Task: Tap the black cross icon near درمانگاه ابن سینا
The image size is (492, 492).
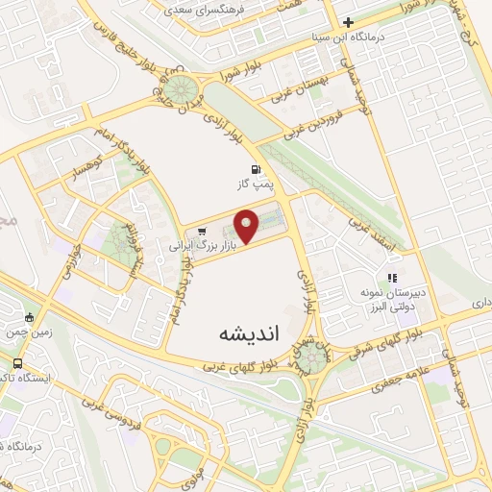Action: coord(348,22)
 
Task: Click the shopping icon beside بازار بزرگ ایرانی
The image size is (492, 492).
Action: coord(202,232)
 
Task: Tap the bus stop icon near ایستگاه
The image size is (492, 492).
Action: coord(18,364)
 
